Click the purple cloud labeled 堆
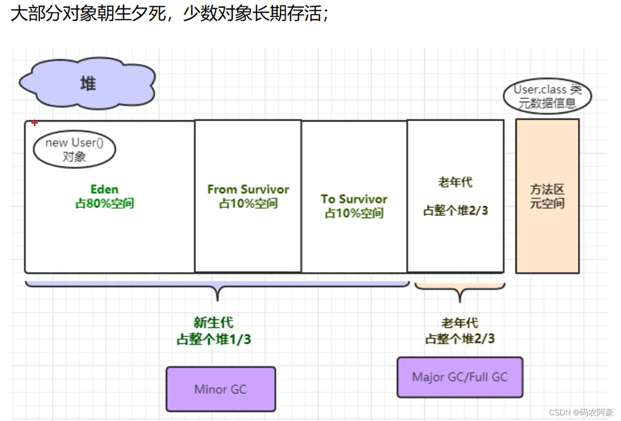(x=88, y=84)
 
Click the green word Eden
(x=105, y=189)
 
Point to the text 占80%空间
(x=105, y=203)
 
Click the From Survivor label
(x=248, y=189)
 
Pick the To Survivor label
(x=354, y=199)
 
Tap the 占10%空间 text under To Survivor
(x=354, y=213)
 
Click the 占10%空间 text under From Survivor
(x=248, y=203)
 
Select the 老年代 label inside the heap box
(x=455, y=182)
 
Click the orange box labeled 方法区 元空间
(x=548, y=196)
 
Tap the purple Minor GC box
(x=221, y=389)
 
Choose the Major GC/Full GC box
(x=460, y=377)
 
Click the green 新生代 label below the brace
(x=214, y=323)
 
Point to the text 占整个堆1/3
(x=214, y=339)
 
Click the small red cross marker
(x=35, y=123)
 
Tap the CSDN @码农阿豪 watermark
(x=581, y=412)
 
